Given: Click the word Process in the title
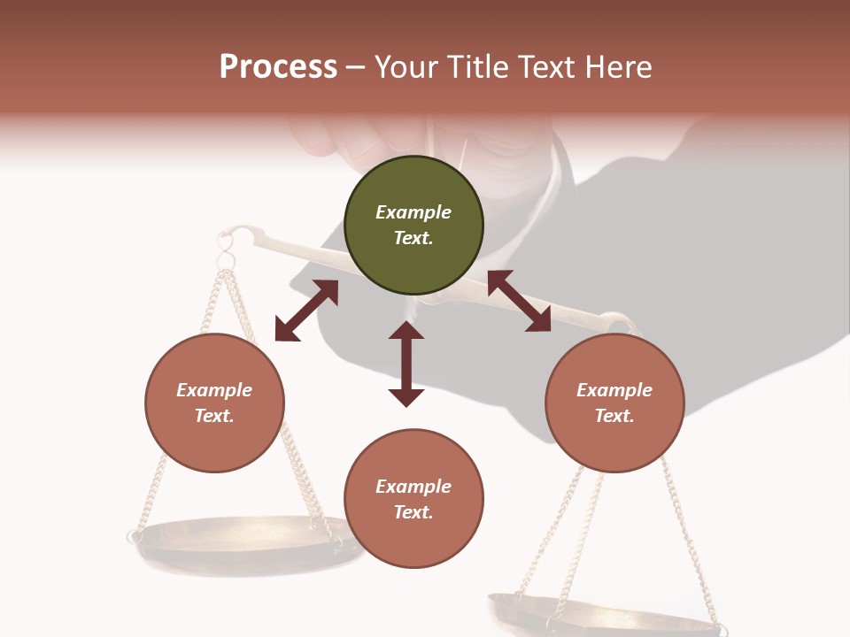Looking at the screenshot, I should coord(278,67).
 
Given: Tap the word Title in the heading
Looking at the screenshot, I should coord(477,67).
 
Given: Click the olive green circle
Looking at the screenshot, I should coord(413,226).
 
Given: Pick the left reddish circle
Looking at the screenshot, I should coord(214,403).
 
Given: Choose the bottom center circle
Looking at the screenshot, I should coord(413,500).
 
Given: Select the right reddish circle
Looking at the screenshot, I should coord(614,403).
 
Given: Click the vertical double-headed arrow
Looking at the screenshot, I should coord(406,364).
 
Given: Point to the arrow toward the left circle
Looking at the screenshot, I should coord(306,311).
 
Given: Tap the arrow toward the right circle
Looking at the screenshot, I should coord(520,301).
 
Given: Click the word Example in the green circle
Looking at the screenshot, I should coord(413,212).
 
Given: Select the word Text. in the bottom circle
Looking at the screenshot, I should coord(413,512).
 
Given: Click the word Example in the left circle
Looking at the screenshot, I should coord(214,390).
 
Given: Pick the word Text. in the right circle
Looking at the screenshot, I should coord(614,416).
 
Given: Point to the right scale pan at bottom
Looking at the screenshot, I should coord(602,615).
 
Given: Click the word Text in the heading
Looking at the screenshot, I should coord(544,67).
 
